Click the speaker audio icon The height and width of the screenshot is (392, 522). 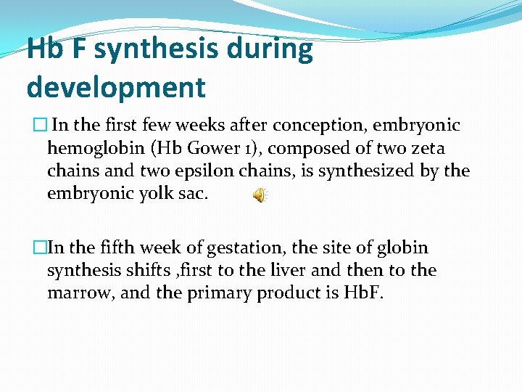[x=260, y=195]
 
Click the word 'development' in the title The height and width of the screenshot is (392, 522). [x=116, y=87]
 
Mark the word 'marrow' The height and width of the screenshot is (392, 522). [x=78, y=294]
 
